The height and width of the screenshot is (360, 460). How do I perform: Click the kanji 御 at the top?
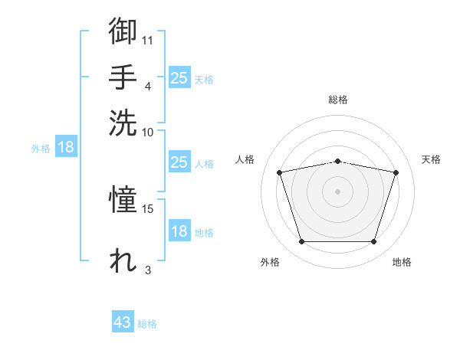click(123, 31)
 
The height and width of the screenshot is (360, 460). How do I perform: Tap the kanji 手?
click(123, 77)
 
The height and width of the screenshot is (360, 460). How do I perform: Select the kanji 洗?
click(123, 123)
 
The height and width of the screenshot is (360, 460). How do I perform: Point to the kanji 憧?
click(123, 199)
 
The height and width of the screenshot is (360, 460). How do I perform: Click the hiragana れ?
click(123, 260)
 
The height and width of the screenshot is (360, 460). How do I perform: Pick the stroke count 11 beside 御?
click(147, 41)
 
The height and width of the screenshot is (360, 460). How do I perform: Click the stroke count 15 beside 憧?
click(147, 209)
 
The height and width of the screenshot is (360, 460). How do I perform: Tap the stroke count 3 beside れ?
click(148, 270)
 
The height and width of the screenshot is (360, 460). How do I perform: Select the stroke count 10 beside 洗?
click(147, 133)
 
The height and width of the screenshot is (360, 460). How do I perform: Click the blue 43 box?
click(123, 321)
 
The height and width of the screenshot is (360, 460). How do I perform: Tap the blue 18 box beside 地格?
click(179, 230)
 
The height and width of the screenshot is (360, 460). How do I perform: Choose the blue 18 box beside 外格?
click(66, 146)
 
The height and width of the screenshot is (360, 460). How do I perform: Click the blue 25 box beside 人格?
click(179, 162)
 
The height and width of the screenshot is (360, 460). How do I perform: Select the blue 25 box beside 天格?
click(179, 77)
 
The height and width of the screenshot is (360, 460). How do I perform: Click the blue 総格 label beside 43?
click(147, 324)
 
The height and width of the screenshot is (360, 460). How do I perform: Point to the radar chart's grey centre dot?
click(337, 191)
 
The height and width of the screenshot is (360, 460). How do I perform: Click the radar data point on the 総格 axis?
click(337, 162)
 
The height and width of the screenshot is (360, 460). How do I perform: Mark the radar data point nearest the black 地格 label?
click(373, 241)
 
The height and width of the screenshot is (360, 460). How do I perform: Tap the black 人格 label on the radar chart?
click(245, 159)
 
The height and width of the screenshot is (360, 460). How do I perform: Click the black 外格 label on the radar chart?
click(270, 262)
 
